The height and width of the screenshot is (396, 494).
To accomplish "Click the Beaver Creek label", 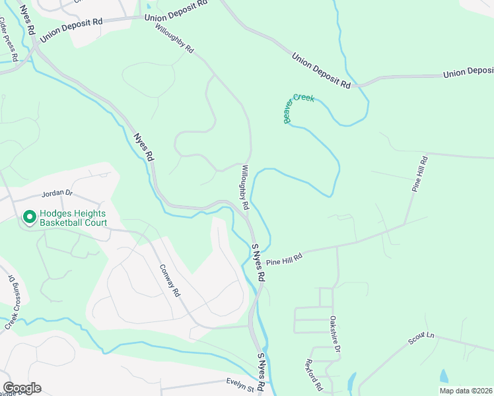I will point(299,107).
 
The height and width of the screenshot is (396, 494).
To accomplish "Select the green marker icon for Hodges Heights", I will point(29,216).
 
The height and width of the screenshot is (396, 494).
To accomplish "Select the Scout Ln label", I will point(421,338).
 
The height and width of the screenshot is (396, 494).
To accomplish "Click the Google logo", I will point(22,388).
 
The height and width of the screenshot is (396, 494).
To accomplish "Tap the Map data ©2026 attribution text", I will point(466,391).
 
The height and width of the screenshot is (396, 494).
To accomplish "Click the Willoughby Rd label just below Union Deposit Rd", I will point(174,39).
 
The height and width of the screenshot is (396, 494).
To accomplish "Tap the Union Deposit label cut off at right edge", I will point(468,73).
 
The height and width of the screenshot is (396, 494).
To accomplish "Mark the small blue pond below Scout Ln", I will point(443,375).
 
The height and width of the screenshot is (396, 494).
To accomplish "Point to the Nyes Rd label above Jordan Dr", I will point(143,148).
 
